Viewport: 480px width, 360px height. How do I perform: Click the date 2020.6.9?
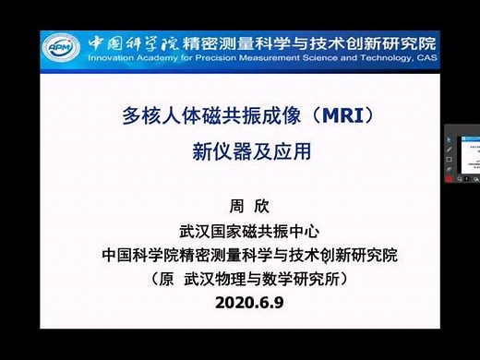point(239,301)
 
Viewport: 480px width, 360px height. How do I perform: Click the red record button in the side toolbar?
point(450,179)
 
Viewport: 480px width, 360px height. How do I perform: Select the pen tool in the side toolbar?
point(450,149)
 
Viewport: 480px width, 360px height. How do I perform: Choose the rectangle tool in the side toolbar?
point(450,159)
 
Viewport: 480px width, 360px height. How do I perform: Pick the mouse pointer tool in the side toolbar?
point(450,138)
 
